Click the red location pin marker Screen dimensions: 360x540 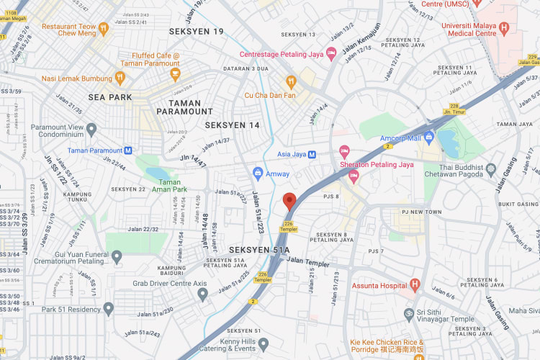[x=289, y=201]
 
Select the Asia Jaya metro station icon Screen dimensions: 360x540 [x=312, y=154]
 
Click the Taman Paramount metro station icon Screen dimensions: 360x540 [x=128, y=150]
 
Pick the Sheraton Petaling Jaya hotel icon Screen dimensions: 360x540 [x=344, y=151]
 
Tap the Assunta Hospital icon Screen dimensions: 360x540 [x=414, y=285]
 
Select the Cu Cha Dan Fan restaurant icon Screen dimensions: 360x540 [x=291, y=81]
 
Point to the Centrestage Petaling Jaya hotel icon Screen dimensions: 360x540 [x=331, y=53]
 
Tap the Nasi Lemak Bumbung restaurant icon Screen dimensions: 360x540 [x=120, y=77]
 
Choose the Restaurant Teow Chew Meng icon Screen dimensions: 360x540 [x=104, y=28]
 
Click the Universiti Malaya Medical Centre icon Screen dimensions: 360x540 [x=504, y=28]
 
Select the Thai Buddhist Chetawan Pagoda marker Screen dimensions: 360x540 [x=491, y=168]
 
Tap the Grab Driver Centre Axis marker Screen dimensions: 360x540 [x=203, y=293]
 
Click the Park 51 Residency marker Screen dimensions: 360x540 [x=109, y=310]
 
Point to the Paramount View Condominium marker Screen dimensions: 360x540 [x=91, y=130]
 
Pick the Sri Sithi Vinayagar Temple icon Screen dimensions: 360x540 [x=409, y=314]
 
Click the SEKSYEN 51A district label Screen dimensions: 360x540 [x=258, y=250]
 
